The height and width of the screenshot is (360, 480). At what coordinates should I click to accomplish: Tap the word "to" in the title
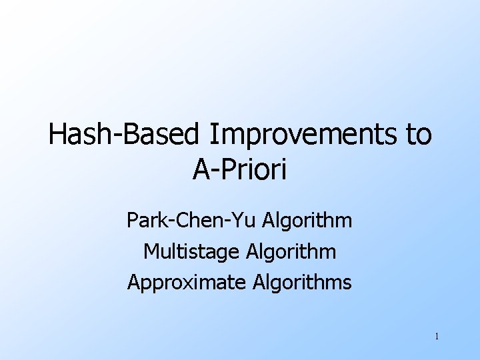[418, 135]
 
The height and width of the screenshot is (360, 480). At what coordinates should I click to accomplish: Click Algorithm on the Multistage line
[291, 252]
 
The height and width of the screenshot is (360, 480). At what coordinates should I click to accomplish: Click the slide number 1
[436, 337]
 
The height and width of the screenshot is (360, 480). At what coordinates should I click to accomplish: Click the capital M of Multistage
[151, 252]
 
